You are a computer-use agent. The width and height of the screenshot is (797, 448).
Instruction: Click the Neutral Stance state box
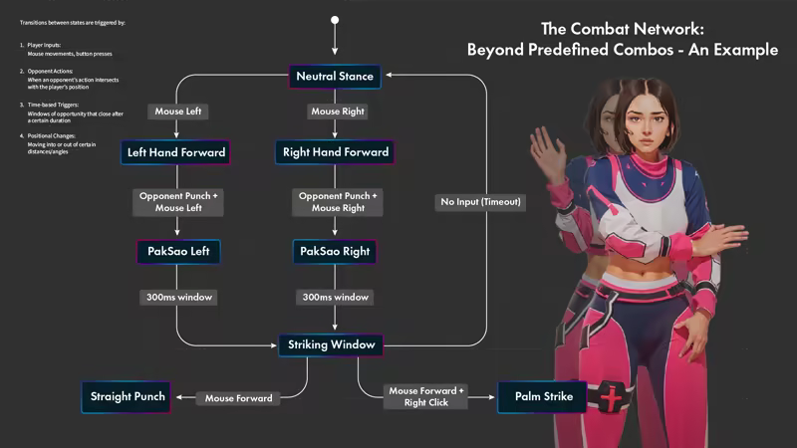tap(335, 77)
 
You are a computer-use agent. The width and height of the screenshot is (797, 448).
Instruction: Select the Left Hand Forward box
tap(176, 152)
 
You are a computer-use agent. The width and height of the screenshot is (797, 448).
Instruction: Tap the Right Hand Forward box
tap(335, 152)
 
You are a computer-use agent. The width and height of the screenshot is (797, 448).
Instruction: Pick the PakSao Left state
tap(176, 252)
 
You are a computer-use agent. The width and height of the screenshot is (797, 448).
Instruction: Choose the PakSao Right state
tap(335, 252)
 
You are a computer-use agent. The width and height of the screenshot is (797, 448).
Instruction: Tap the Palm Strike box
tap(544, 397)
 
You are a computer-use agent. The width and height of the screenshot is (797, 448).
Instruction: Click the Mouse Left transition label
tap(176, 112)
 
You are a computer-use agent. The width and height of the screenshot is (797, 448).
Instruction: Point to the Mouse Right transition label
tap(335, 112)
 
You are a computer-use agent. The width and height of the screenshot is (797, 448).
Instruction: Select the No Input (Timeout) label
tap(481, 202)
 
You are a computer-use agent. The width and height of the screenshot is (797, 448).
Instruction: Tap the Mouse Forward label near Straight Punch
tap(239, 398)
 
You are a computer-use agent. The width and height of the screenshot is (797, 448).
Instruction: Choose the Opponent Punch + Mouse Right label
tap(335, 202)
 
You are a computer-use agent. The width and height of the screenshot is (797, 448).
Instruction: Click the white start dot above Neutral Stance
tap(335, 19)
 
